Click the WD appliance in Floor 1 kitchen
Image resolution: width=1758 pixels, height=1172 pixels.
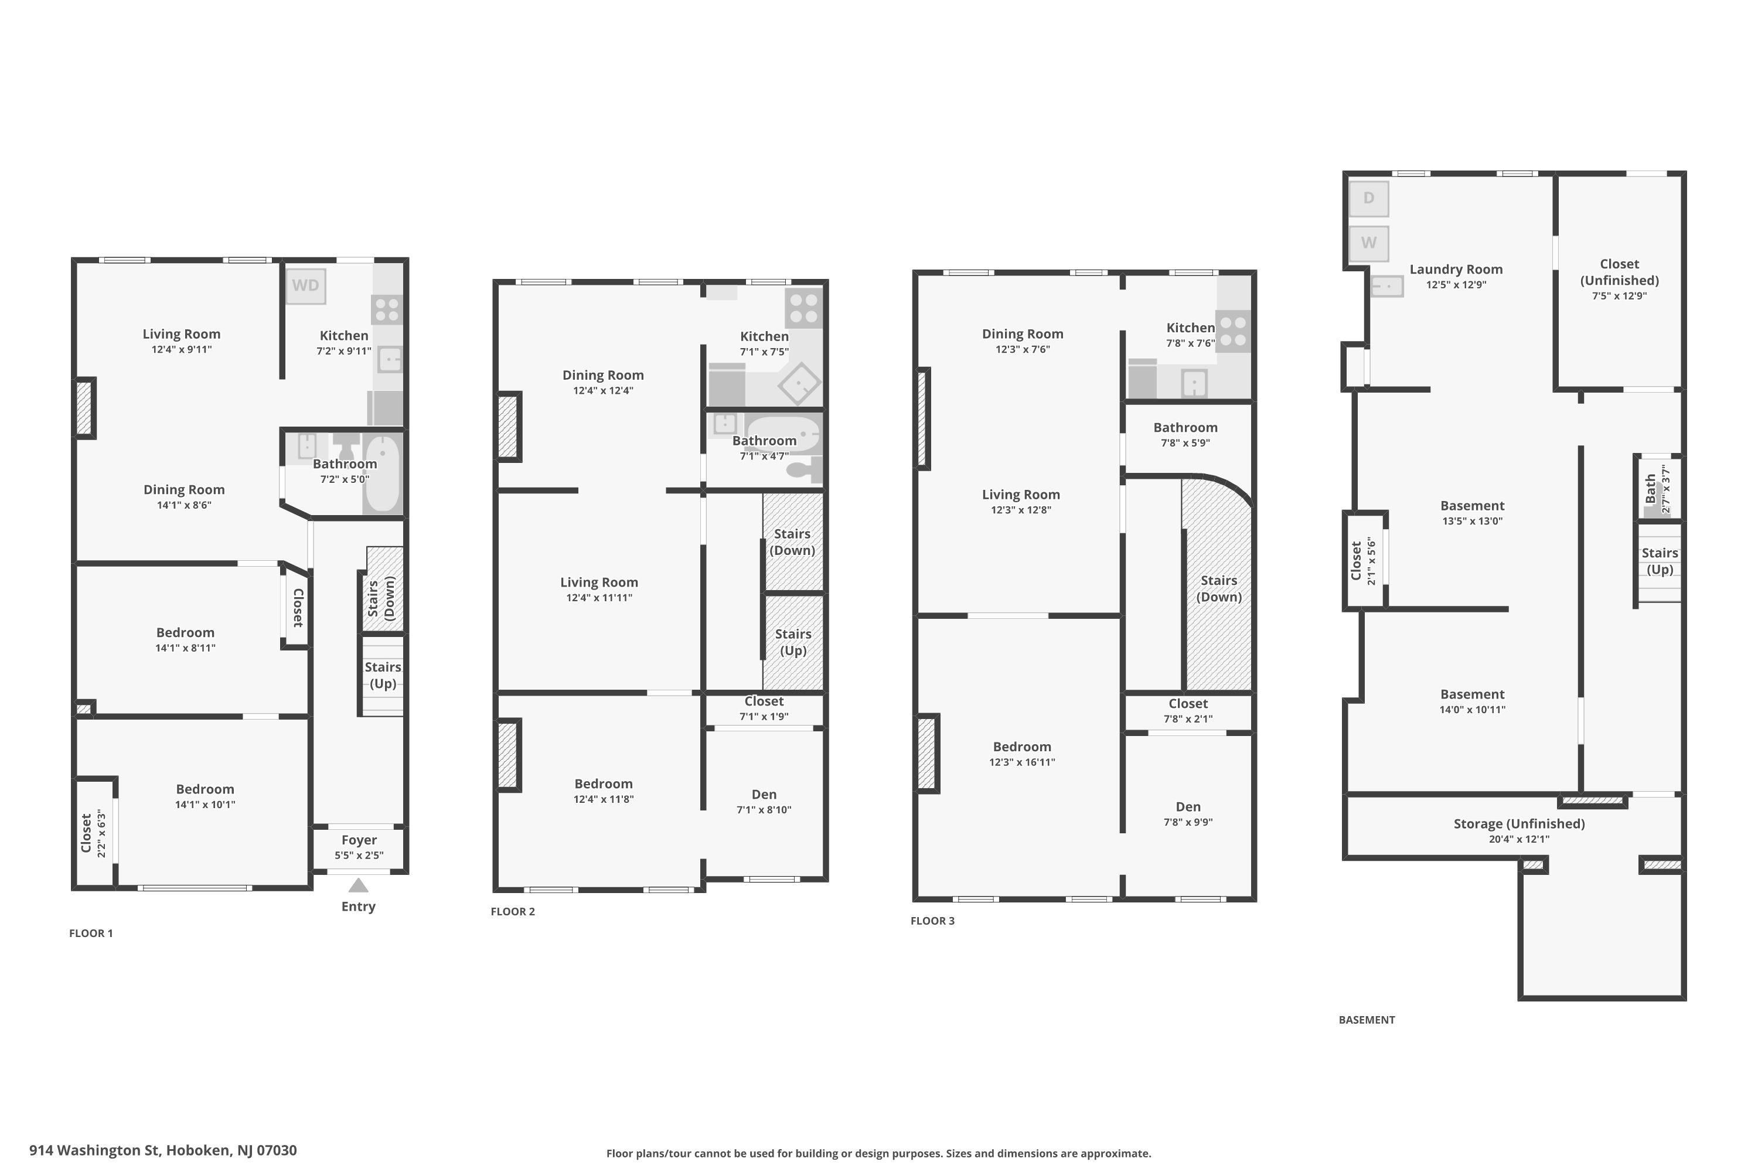[306, 285]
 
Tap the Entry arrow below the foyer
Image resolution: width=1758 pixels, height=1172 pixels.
[359, 885]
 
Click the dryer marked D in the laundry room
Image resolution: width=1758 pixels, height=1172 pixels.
[1368, 198]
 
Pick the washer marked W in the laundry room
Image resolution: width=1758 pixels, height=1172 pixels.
[1368, 243]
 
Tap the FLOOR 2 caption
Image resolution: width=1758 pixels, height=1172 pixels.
[513, 911]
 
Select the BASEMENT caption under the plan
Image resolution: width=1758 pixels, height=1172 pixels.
[1367, 1020]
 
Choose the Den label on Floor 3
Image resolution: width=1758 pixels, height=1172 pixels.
[1188, 806]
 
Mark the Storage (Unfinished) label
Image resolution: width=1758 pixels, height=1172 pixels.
[1519, 824]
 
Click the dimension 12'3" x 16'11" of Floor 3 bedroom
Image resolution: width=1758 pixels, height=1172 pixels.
[1022, 762]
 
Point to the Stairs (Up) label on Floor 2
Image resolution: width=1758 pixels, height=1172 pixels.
[793, 642]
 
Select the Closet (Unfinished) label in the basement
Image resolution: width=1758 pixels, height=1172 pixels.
[1619, 272]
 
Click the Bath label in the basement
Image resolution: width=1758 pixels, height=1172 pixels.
[1650, 489]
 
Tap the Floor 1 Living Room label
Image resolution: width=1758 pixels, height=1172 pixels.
[182, 334]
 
